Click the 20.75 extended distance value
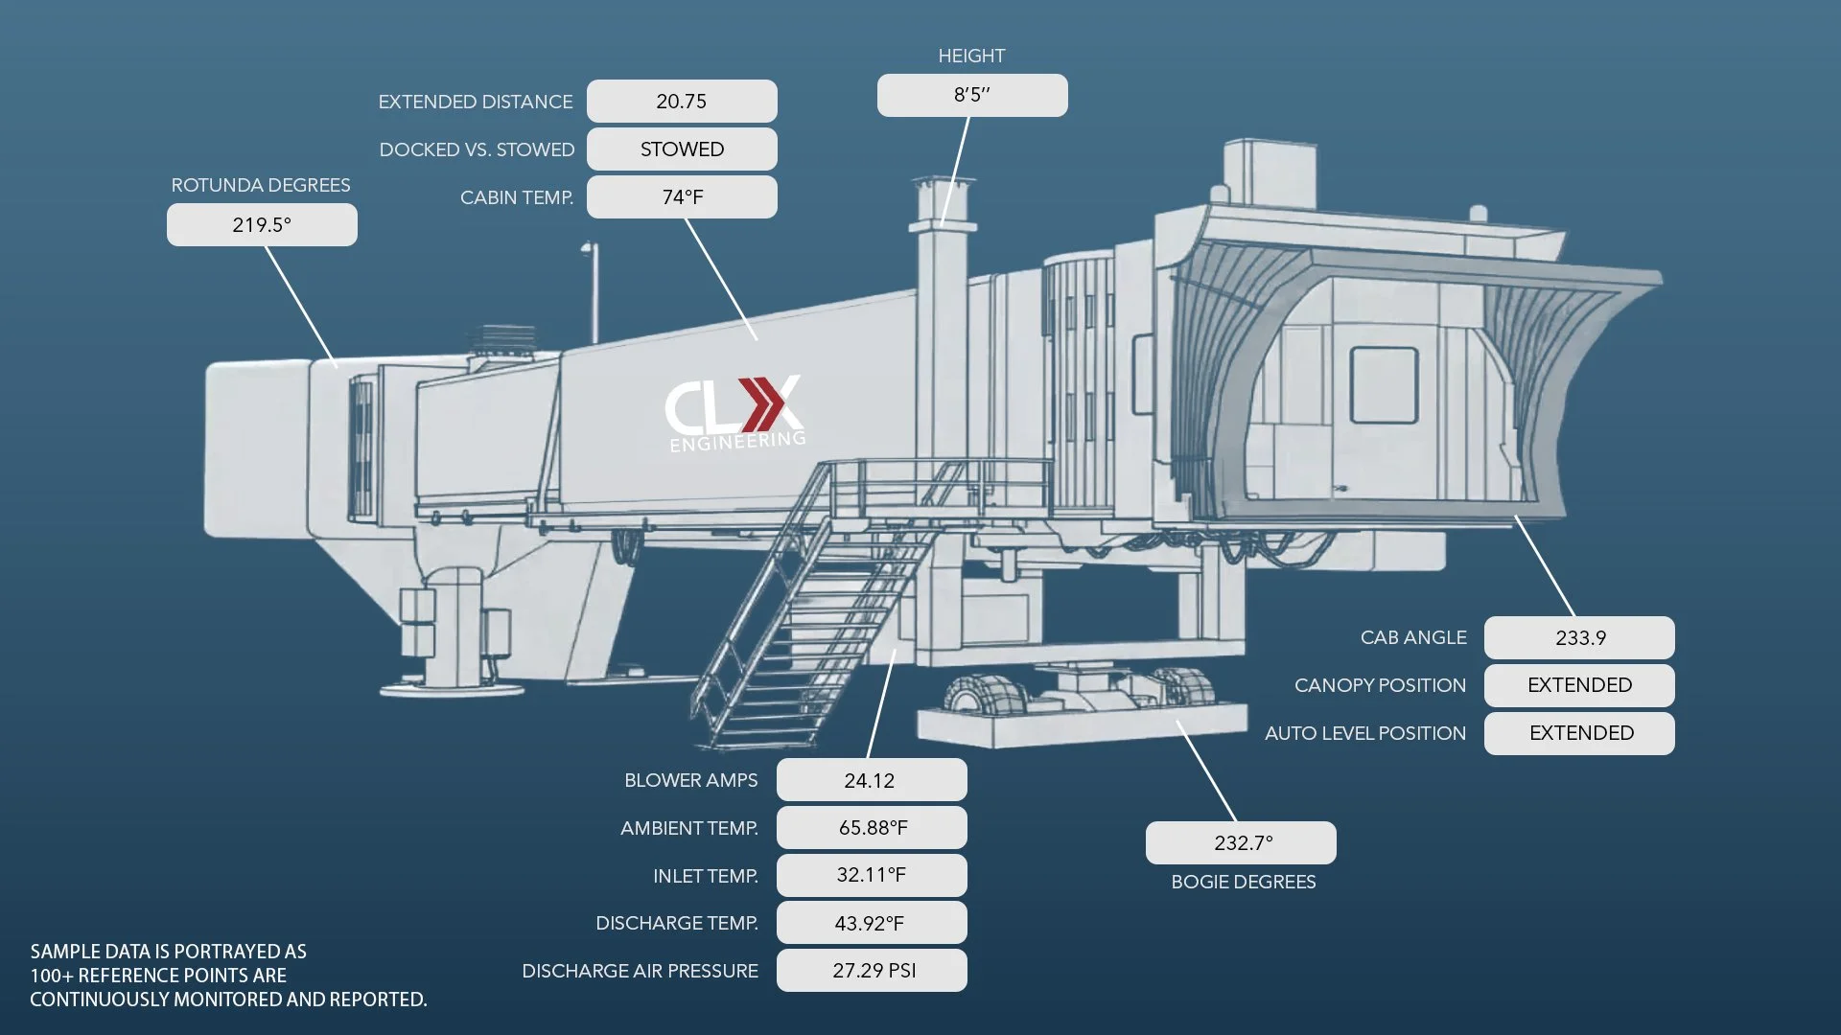[682, 102]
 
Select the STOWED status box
[682, 149]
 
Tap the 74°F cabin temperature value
[682, 197]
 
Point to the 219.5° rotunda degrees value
[262, 225]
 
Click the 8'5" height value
[972, 95]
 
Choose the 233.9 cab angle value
[1579, 638]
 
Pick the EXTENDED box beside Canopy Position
[1579, 685]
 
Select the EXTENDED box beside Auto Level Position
[1579, 733]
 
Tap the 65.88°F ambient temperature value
[872, 827]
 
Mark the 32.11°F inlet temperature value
[872, 875]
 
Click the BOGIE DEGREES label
[1244, 882]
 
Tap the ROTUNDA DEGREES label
[261, 185]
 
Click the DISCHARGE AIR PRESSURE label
[640, 971]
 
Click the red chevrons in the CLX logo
[763, 404]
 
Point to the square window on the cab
[1384, 385]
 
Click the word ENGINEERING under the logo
[737, 442]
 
